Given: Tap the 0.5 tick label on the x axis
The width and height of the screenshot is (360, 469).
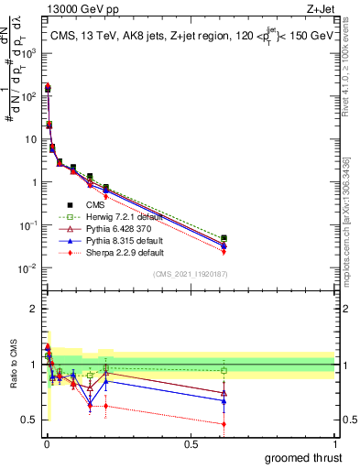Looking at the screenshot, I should [191, 443].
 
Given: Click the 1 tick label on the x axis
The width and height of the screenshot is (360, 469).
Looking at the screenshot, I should [334, 443].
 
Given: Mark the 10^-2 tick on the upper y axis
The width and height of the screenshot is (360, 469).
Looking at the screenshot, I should [28, 267].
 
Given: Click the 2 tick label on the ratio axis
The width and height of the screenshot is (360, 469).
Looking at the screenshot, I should [35, 309].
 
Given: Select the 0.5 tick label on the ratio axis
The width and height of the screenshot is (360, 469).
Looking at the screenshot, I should [31, 420].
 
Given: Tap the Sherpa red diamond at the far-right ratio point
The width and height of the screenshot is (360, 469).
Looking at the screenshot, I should [224, 423].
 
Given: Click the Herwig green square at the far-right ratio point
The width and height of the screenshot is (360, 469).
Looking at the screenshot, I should [224, 371].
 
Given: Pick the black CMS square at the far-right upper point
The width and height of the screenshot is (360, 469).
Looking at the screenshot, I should [224, 238].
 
